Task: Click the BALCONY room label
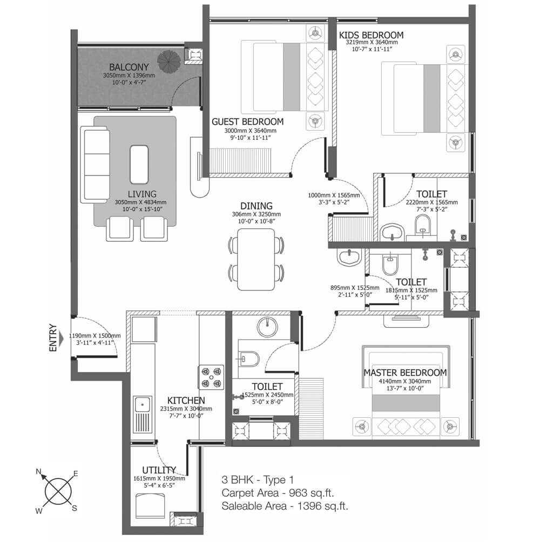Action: (x=129, y=67)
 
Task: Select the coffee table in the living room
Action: (x=139, y=165)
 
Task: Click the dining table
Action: (x=256, y=259)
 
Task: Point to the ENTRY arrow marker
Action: (x=62, y=338)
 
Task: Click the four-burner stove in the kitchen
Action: (x=211, y=377)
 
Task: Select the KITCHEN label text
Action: (x=186, y=400)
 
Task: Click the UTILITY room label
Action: (x=159, y=470)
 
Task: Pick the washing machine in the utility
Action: (x=150, y=505)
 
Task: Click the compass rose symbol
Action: (x=58, y=491)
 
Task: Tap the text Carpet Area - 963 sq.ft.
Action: (x=278, y=493)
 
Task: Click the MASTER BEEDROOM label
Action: (x=405, y=372)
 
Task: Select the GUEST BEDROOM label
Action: (x=247, y=121)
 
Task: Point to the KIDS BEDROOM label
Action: (x=372, y=35)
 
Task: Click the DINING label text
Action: (x=256, y=206)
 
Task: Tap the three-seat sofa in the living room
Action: (x=95, y=165)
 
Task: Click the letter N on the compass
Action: (x=39, y=471)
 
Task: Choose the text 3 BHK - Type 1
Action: (x=258, y=480)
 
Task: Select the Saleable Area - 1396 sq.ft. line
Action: (x=285, y=506)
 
